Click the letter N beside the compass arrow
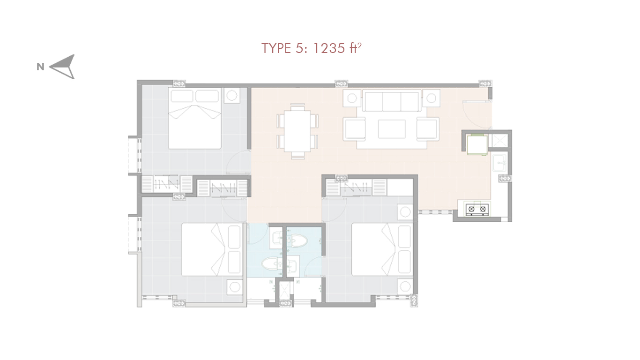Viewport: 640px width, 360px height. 41,67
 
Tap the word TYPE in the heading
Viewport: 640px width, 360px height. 276,48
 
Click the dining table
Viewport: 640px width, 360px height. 297,131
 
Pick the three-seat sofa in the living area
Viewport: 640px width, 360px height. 391,101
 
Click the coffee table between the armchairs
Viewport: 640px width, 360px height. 391,129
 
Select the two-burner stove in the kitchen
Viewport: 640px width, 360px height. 477,210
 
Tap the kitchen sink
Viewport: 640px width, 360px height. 499,163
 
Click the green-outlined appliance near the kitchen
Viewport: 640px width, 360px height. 477,145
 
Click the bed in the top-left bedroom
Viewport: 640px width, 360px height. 194,118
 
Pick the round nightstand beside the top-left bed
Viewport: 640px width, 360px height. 232,96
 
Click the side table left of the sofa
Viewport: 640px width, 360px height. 352,98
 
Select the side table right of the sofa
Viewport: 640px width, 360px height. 431,98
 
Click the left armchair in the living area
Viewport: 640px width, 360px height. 354,129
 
